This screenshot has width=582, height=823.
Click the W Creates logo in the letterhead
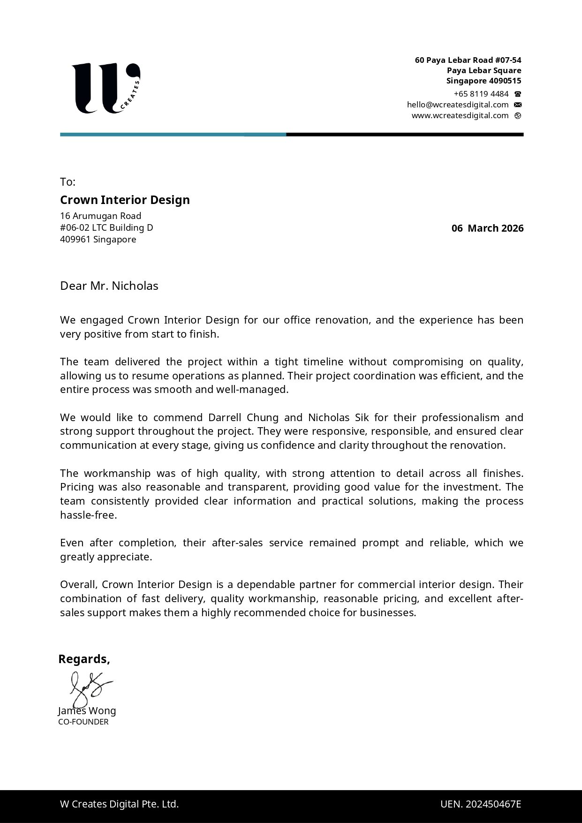tap(106, 88)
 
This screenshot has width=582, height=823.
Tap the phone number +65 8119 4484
tap(481, 94)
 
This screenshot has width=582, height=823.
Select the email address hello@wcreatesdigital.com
tap(458, 105)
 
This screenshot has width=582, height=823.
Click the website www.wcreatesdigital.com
tap(460, 115)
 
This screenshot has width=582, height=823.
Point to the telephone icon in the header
tap(518, 94)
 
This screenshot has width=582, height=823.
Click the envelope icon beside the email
tap(518, 105)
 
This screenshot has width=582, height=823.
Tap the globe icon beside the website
tap(518, 115)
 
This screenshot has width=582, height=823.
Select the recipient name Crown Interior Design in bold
tap(125, 200)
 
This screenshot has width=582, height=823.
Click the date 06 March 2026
tap(487, 228)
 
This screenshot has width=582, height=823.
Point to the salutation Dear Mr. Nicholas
tap(109, 286)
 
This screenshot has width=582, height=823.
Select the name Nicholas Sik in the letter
tap(338, 417)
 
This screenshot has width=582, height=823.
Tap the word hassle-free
tap(88, 515)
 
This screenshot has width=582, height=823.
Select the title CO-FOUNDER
tap(83, 722)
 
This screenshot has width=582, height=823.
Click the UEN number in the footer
tap(481, 804)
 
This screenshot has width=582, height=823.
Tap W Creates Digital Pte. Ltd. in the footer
tap(119, 804)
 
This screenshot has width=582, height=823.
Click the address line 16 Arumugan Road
tap(100, 216)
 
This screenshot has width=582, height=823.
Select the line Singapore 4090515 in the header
tap(484, 81)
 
